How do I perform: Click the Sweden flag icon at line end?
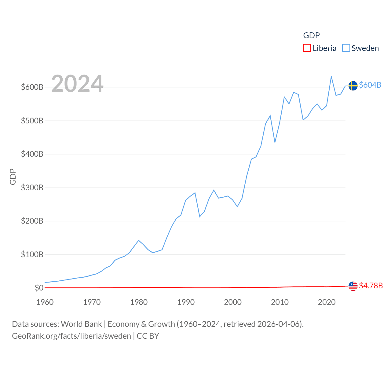(x=353, y=86)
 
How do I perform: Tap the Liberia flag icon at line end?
(x=353, y=286)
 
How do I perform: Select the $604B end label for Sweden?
(x=370, y=85)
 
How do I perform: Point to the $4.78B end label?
(x=371, y=286)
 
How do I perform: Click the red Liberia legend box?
(x=307, y=48)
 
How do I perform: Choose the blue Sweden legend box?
(x=346, y=48)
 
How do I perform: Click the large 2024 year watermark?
(x=77, y=84)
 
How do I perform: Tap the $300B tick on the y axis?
(x=32, y=188)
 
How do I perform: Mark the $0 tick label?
(x=39, y=288)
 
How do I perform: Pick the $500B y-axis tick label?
(x=32, y=121)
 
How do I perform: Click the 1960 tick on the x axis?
(x=45, y=302)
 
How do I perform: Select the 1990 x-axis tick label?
(x=186, y=302)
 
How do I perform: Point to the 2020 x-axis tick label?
(x=327, y=302)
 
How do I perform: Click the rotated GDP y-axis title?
(x=13, y=177)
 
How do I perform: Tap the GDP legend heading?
(x=311, y=35)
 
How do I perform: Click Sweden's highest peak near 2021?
(x=331, y=77)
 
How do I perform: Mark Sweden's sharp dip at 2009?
(x=275, y=142)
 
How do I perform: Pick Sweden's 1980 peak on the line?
(x=139, y=240)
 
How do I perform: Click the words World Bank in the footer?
(x=81, y=324)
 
